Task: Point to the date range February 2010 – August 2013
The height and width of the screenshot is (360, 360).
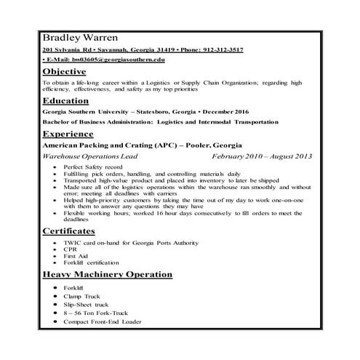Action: (x=262, y=156)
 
